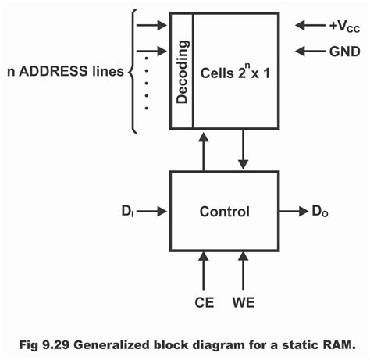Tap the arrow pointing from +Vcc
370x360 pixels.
(306, 25)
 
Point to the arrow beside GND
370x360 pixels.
(306, 52)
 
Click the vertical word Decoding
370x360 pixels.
(182, 70)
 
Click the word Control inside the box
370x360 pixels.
(224, 211)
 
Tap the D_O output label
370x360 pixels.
(321, 211)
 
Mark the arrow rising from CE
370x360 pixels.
(204, 269)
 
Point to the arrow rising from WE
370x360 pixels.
(244, 269)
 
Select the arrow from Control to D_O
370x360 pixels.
(294, 211)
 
